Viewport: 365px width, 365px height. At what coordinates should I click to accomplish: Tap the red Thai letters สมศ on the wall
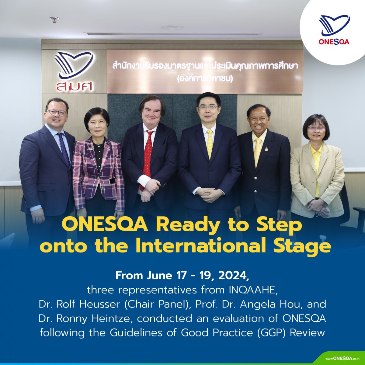(75, 86)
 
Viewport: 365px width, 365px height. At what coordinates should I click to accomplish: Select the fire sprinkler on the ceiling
(54, 19)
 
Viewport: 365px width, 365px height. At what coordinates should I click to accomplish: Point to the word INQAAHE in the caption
(253, 290)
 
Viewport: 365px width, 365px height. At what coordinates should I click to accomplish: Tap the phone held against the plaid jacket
(112, 180)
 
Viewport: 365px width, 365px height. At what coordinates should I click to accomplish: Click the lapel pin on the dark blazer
(266, 149)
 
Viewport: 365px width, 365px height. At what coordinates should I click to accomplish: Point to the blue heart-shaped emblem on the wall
(74, 65)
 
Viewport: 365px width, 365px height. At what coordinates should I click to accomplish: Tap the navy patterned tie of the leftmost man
(64, 150)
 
